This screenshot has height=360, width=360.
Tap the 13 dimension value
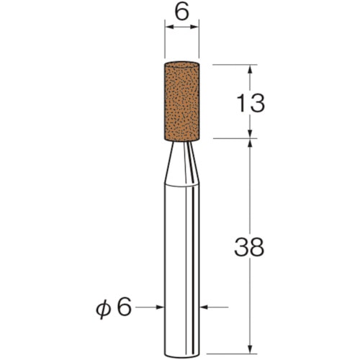tap(249, 102)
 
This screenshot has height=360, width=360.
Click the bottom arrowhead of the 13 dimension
tap(250, 134)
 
